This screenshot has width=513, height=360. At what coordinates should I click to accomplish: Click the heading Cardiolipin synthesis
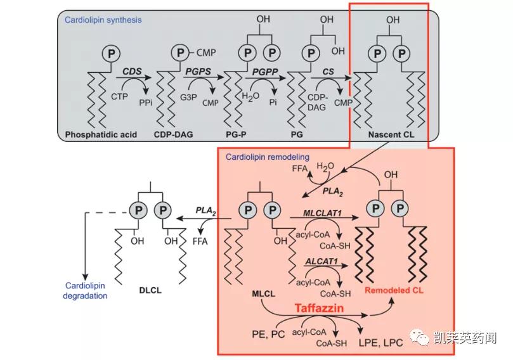(103, 20)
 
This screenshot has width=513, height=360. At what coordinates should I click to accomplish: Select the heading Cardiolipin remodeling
(267, 157)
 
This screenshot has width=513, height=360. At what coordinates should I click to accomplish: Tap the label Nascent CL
(388, 134)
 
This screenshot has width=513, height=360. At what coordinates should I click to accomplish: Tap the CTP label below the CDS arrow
(119, 96)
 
